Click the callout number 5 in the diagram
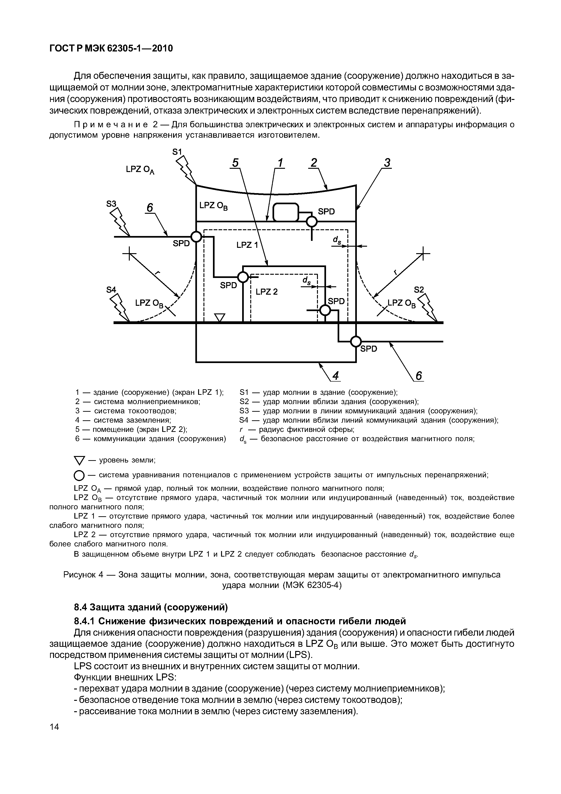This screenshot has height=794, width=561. pos(235,163)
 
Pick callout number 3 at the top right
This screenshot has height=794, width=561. pos(387,163)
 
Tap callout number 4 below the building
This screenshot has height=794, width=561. pos(335,376)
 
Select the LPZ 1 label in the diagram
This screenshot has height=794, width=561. pos(247,245)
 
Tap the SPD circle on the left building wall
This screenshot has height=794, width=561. pos(196,237)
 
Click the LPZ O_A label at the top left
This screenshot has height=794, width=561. pos(140,170)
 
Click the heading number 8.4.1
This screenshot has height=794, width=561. pos(84,621)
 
